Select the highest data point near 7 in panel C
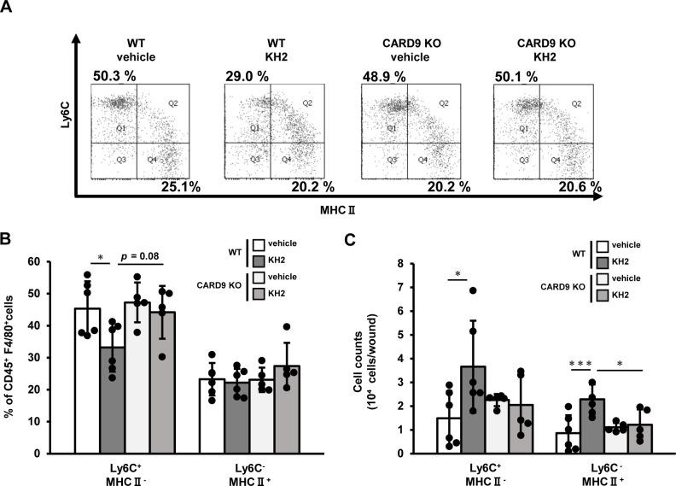point(496,291)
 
